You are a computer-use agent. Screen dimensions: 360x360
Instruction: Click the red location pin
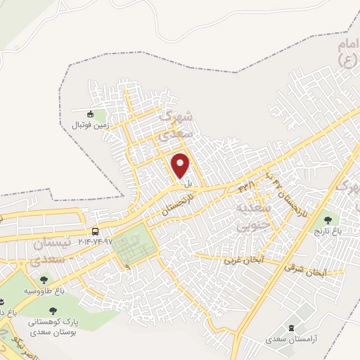point(181,166)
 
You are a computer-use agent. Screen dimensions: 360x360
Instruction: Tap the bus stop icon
point(96,232)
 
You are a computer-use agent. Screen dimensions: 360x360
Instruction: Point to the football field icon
point(89,114)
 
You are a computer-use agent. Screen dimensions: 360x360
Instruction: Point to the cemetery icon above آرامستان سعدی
point(292,328)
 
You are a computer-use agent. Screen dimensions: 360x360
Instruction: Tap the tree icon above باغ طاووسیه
point(44,280)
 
